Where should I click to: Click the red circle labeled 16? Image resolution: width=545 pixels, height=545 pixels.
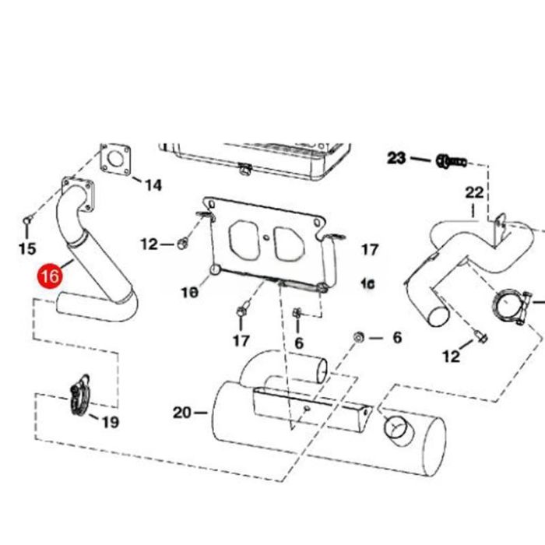click(x=49, y=276)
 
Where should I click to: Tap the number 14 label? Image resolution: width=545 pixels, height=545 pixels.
click(x=153, y=185)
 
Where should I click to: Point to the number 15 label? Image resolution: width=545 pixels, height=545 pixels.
click(x=26, y=248)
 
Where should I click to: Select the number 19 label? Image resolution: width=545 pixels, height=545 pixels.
click(x=110, y=422)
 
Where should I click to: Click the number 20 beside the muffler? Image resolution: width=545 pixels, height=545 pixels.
click(x=182, y=413)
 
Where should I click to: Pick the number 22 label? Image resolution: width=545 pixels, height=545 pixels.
click(x=474, y=192)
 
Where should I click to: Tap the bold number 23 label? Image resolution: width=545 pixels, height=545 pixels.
click(x=397, y=159)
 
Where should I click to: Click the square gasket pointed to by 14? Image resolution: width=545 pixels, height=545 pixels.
click(x=115, y=160)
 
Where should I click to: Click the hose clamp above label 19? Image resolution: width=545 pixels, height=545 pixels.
click(x=79, y=394)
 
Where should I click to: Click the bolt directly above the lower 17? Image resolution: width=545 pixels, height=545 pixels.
click(x=241, y=313)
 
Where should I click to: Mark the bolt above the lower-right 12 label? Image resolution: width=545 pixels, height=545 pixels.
click(x=480, y=337)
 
